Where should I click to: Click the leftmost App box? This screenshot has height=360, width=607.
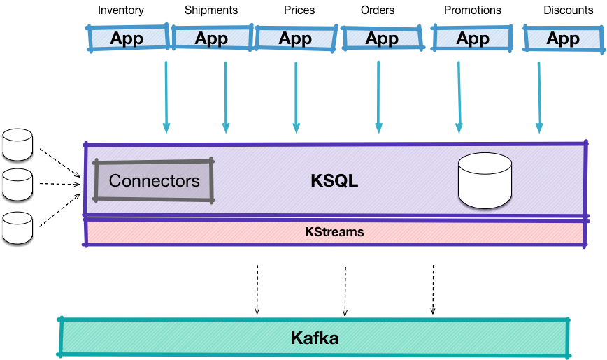tap(127, 38)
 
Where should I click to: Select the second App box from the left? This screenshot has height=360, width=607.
tap(211, 38)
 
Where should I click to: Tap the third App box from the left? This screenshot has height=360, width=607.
tap(295, 38)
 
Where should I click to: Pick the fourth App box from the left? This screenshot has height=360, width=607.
tap(381, 38)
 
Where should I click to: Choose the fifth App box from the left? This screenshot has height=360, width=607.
tap(473, 38)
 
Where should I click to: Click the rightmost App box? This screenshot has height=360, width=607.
tap(563, 38)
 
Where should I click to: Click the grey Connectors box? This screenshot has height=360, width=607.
tap(154, 181)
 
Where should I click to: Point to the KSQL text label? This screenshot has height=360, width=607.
tap(334, 181)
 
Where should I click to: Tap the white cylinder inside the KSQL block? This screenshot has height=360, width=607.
tap(485, 181)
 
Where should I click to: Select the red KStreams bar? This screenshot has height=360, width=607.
tap(334, 232)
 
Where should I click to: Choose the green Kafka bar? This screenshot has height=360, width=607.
tap(314, 338)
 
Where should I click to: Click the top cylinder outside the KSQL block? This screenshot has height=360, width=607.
tap(17, 144)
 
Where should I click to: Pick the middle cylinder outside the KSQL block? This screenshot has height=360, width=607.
tap(17, 185)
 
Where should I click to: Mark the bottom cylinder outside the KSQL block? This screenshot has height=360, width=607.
tap(17, 228)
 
